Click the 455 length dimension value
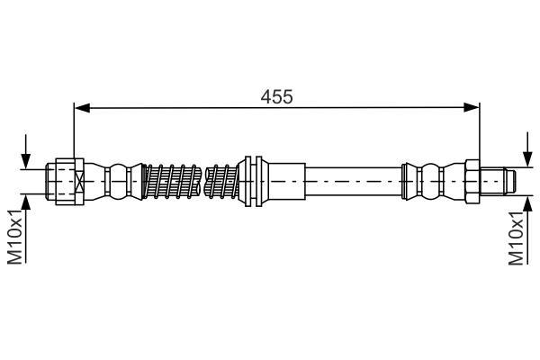(276, 97)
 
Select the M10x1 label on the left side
(15, 237)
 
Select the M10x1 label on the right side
(516, 238)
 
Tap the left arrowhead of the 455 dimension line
(82, 108)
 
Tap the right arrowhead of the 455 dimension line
(472, 107)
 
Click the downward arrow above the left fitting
(26, 151)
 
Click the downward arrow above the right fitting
(526, 149)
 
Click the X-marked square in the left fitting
(79, 182)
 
